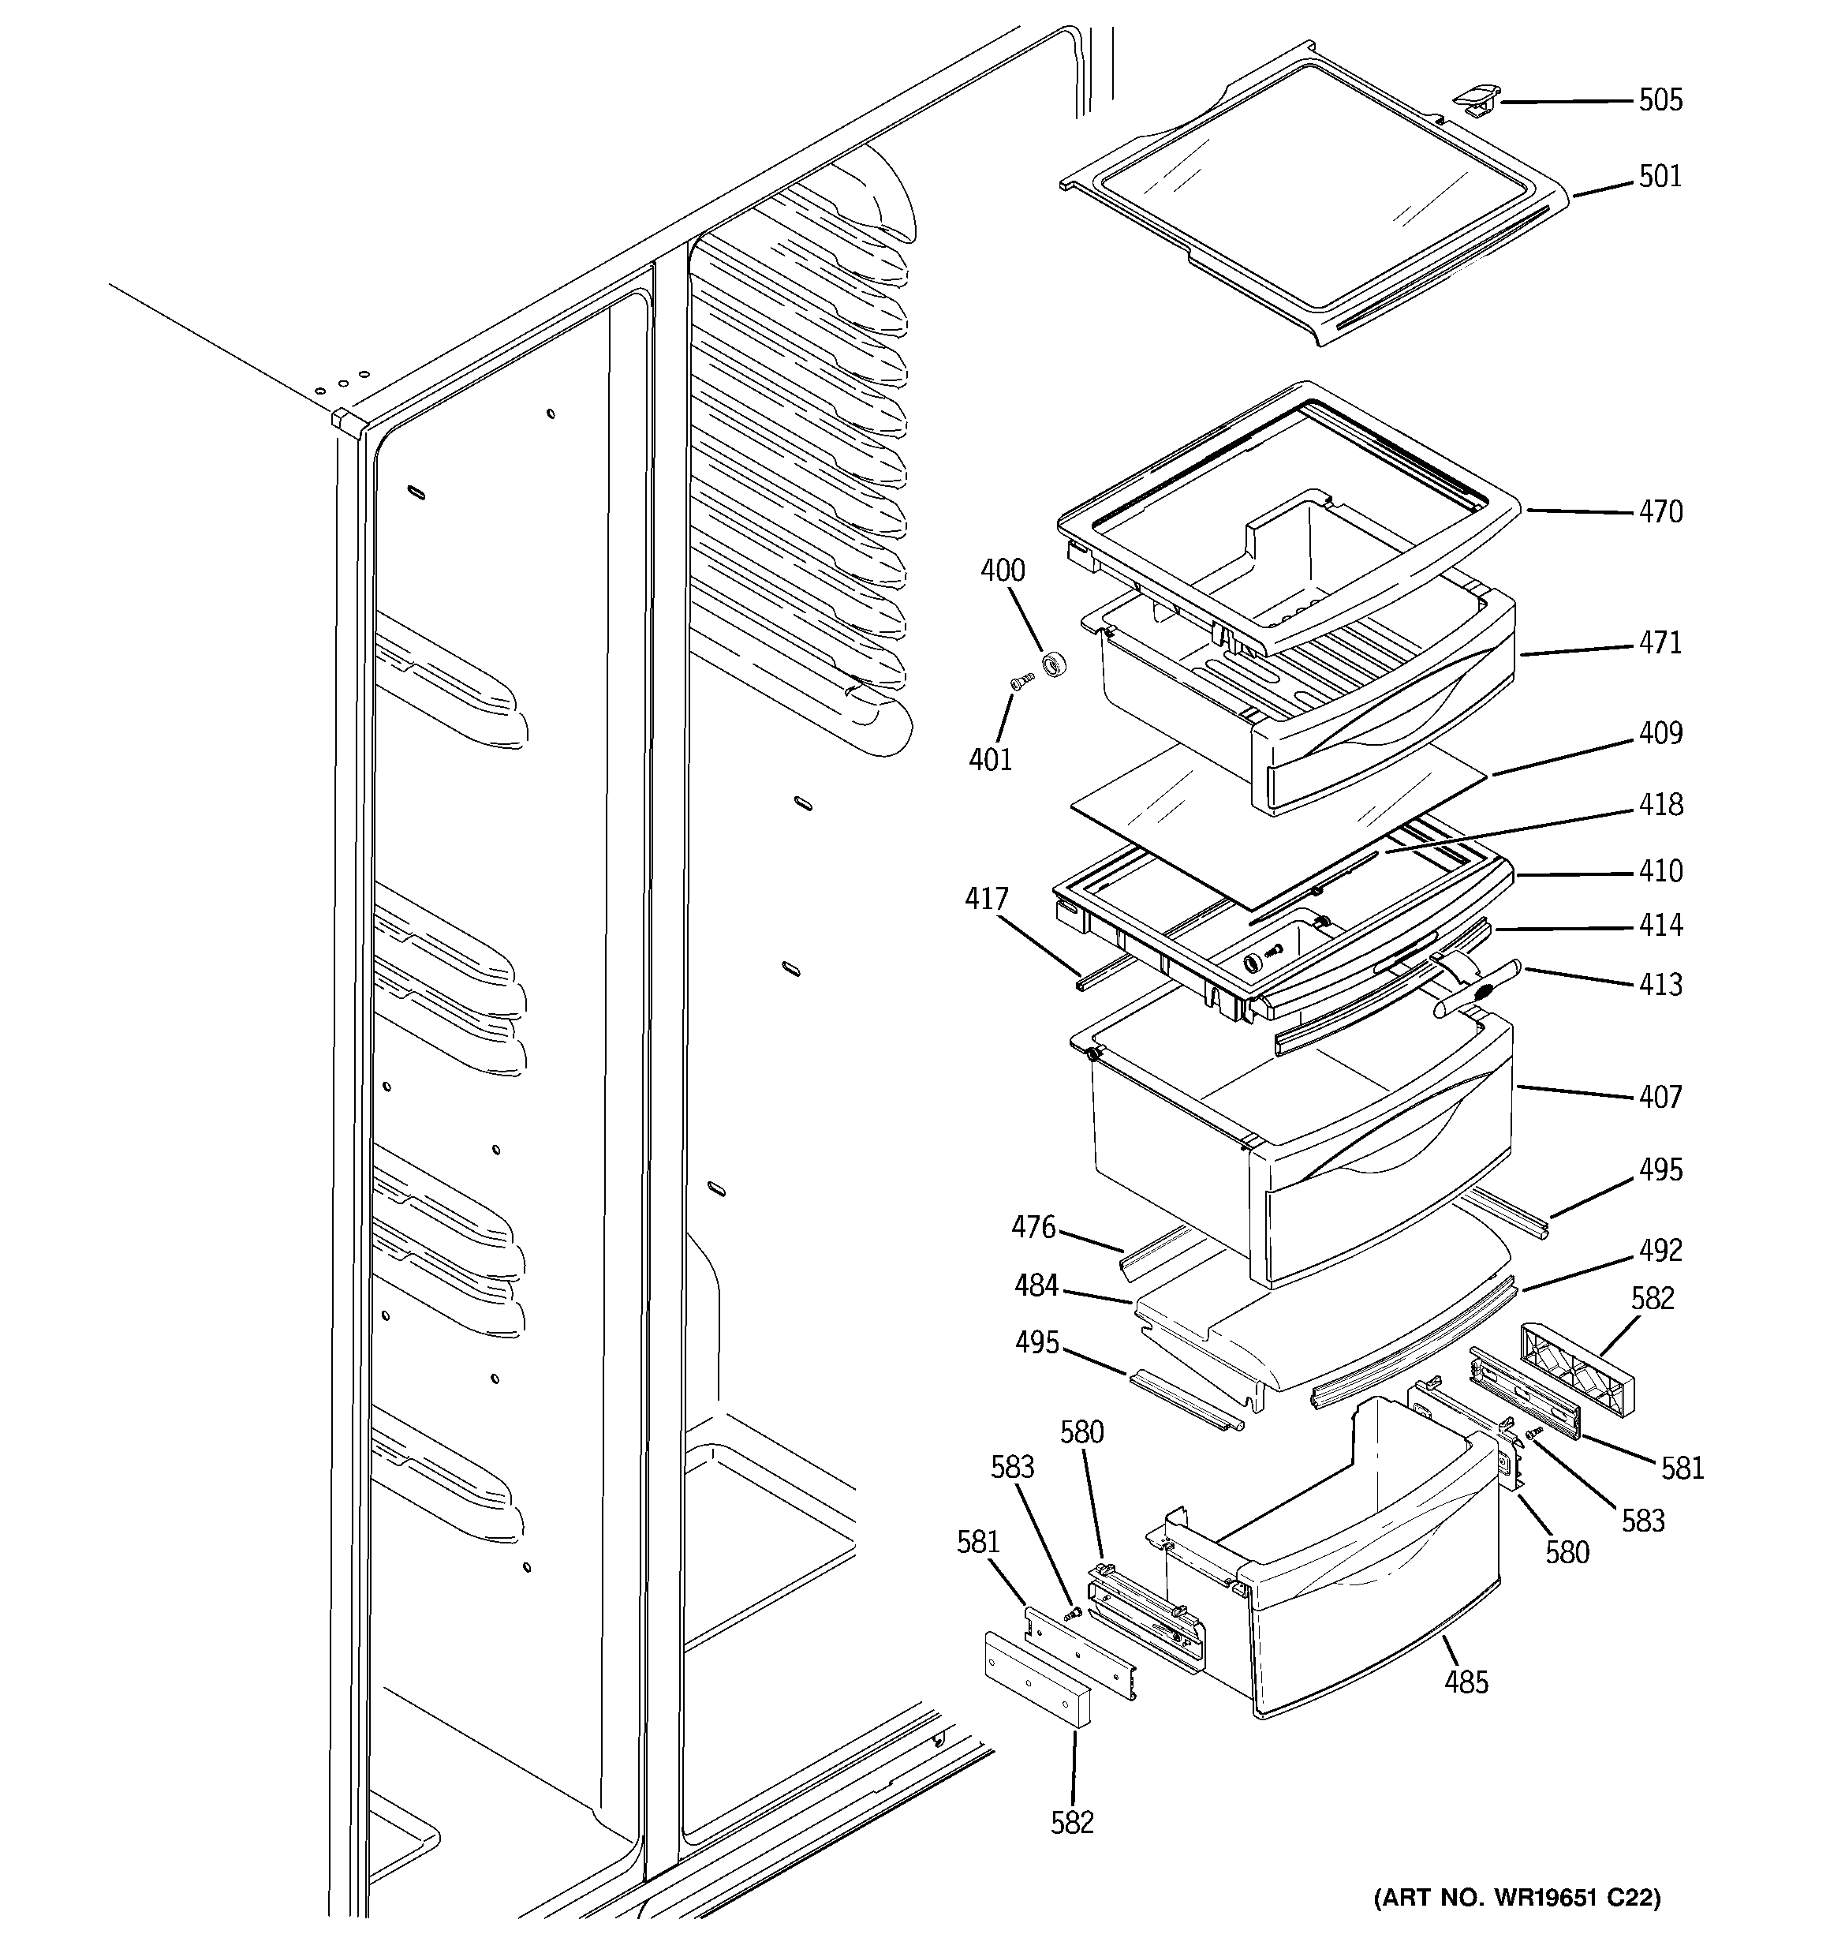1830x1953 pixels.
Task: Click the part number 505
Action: pyautogui.click(x=1660, y=100)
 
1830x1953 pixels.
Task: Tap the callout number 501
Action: pyautogui.click(x=1660, y=177)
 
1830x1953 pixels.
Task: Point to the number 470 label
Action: pyautogui.click(x=1660, y=512)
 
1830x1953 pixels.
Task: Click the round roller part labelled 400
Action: pyautogui.click(x=1054, y=665)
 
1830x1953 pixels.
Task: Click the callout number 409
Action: pyautogui.click(x=1660, y=734)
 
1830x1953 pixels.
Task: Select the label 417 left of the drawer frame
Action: pyautogui.click(x=986, y=899)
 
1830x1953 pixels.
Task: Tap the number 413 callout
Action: pyautogui.click(x=1660, y=984)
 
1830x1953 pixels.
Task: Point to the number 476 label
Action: pyautogui.click(x=1033, y=1227)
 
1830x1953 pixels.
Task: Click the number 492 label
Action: pyautogui.click(x=1660, y=1251)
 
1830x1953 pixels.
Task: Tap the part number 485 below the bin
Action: pyautogui.click(x=1466, y=1683)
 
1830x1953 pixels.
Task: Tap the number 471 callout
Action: pyautogui.click(x=1660, y=643)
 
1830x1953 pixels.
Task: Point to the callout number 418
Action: pyautogui.click(x=1660, y=805)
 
